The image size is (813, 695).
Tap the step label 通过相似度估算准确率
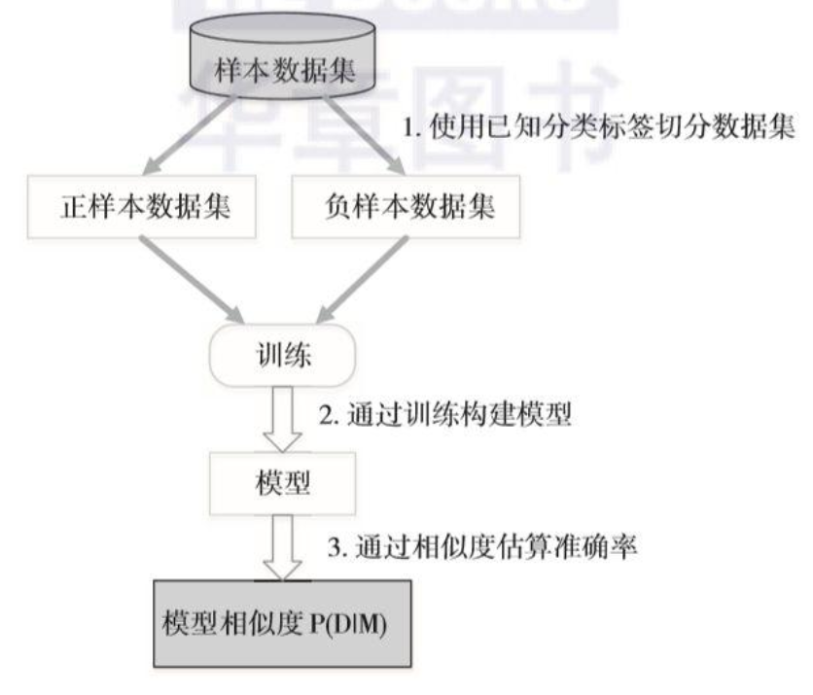coord(481,550)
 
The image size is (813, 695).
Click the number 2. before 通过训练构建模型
coord(329,415)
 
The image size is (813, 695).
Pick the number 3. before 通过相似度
coord(335,551)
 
